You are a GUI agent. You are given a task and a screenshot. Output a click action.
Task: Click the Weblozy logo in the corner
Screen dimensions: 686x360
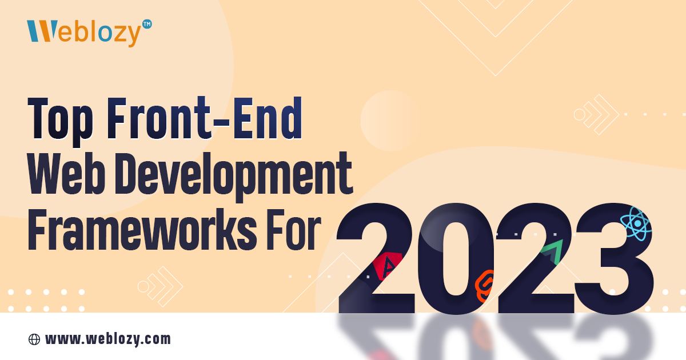point(89,32)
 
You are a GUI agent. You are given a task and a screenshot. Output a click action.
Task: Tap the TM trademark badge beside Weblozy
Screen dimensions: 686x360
point(147,24)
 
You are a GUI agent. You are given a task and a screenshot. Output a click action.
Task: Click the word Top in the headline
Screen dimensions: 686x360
point(60,121)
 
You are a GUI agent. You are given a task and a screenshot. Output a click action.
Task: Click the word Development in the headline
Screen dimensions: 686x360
point(234,176)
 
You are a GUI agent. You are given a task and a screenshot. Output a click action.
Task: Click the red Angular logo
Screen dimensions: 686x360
point(388,266)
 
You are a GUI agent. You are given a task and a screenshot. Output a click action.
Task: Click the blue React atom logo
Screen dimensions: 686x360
point(636,224)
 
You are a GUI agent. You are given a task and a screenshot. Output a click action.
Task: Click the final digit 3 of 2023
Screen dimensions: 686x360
point(615,259)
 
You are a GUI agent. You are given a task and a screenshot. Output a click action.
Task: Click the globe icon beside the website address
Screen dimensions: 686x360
point(34,339)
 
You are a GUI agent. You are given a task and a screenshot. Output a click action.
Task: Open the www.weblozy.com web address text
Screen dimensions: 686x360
point(108,339)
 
